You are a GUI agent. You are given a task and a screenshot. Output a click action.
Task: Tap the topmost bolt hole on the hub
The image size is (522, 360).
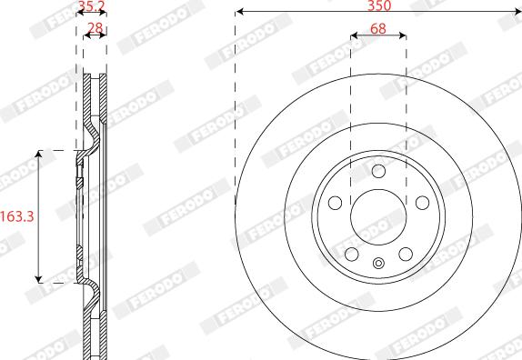click(378, 171)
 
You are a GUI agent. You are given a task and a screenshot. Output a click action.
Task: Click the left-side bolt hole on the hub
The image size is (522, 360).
click(335, 203)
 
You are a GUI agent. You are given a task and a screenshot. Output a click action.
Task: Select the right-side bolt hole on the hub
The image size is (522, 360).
click(422, 203)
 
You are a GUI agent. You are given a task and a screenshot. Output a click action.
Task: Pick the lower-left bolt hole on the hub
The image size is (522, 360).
click(351, 254)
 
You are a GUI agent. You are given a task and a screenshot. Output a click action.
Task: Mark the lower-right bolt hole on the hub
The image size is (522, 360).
click(406, 254)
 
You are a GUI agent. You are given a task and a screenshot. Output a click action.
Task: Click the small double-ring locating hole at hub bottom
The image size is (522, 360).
click(378, 265)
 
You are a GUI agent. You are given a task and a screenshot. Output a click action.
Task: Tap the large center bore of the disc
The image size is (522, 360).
click(378, 216)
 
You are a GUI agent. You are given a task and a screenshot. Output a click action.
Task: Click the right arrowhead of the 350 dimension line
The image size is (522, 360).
click(517, 13)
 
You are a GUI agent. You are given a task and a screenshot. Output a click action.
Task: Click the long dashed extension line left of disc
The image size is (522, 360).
click(235, 109)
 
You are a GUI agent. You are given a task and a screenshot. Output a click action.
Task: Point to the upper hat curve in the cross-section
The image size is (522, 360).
click(92, 136)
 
